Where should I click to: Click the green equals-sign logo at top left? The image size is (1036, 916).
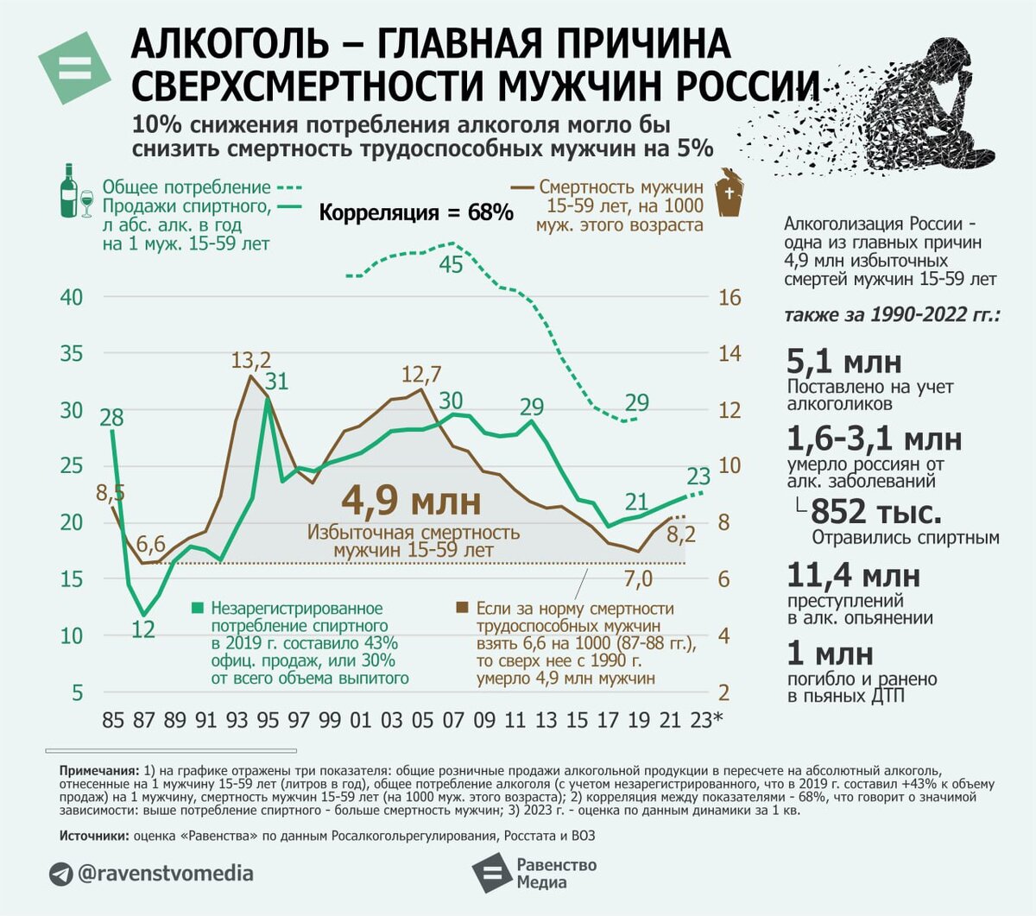click(x=74, y=68)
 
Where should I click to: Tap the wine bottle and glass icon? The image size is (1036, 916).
click(x=74, y=191)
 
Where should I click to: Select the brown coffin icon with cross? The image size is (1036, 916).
click(x=730, y=192)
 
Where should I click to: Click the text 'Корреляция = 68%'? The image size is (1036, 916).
click(x=416, y=212)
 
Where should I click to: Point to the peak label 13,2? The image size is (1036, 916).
click(x=251, y=359)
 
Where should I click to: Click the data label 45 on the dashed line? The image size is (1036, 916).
click(x=451, y=265)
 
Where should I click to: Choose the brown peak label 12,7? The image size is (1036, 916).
click(x=421, y=374)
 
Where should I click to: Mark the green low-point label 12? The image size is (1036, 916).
click(x=142, y=629)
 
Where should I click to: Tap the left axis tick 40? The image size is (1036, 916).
click(x=72, y=297)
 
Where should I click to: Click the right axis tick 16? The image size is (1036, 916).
click(x=730, y=297)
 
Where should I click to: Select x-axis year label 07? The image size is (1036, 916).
click(x=453, y=720)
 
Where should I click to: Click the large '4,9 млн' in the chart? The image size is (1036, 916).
click(x=411, y=501)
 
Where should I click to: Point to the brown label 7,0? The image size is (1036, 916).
click(x=638, y=578)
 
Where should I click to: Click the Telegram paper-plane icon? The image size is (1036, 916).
click(x=60, y=874)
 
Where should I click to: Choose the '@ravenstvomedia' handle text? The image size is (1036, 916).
click(x=166, y=874)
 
